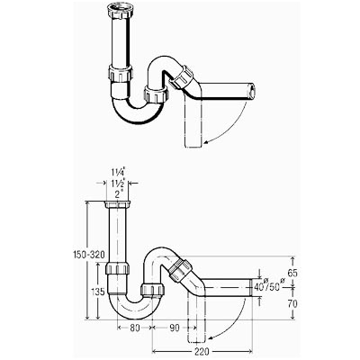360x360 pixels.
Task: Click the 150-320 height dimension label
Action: tap(89, 255)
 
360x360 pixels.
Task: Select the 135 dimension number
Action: tap(98, 291)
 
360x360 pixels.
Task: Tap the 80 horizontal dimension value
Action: tap(135, 328)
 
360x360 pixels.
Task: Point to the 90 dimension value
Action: tap(174, 328)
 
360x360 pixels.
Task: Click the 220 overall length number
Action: tap(201, 351)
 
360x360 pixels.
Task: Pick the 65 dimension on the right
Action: tap(292, 273)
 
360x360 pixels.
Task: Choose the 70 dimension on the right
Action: tap(292, 304)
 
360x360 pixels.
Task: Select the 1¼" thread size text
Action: tap(118, 173)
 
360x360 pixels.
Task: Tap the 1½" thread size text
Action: tap(118, 184)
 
